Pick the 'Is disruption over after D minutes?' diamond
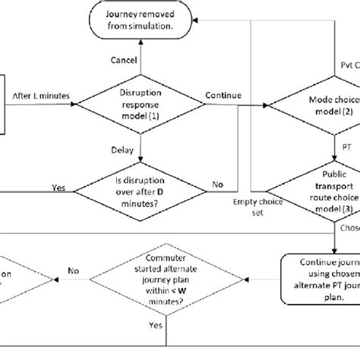149,185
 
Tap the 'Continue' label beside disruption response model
223,95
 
